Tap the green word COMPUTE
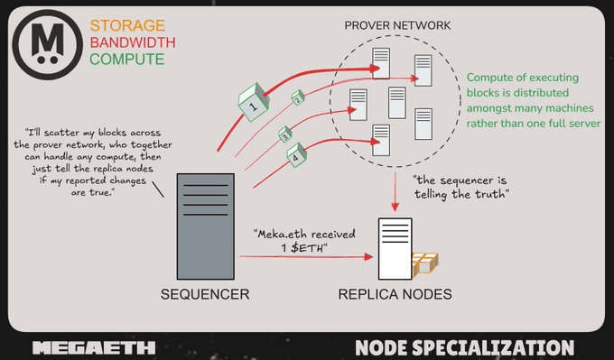click(x=114, y=59)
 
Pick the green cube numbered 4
click(x=298, y=157)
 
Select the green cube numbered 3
click(x=284, y=137)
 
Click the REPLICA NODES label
click(x=395, y=294)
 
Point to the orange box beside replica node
click(x=425, y=263)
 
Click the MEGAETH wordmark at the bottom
click(x=93, y=347)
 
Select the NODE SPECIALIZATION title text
click(x=464, y=347)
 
